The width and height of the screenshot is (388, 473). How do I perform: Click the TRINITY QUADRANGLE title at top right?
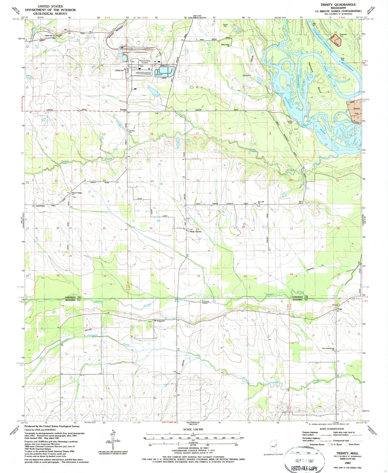[x=338, y=5]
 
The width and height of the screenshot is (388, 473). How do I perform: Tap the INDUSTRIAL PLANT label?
[x=145, y=62]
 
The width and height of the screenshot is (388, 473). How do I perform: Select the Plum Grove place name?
[x=195, y=232]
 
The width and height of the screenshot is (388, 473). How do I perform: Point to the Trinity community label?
[x=123, y=110]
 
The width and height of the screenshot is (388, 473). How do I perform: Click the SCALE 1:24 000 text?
[x=193, y=429]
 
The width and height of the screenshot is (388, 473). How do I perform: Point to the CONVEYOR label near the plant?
[x=119, y=71]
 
